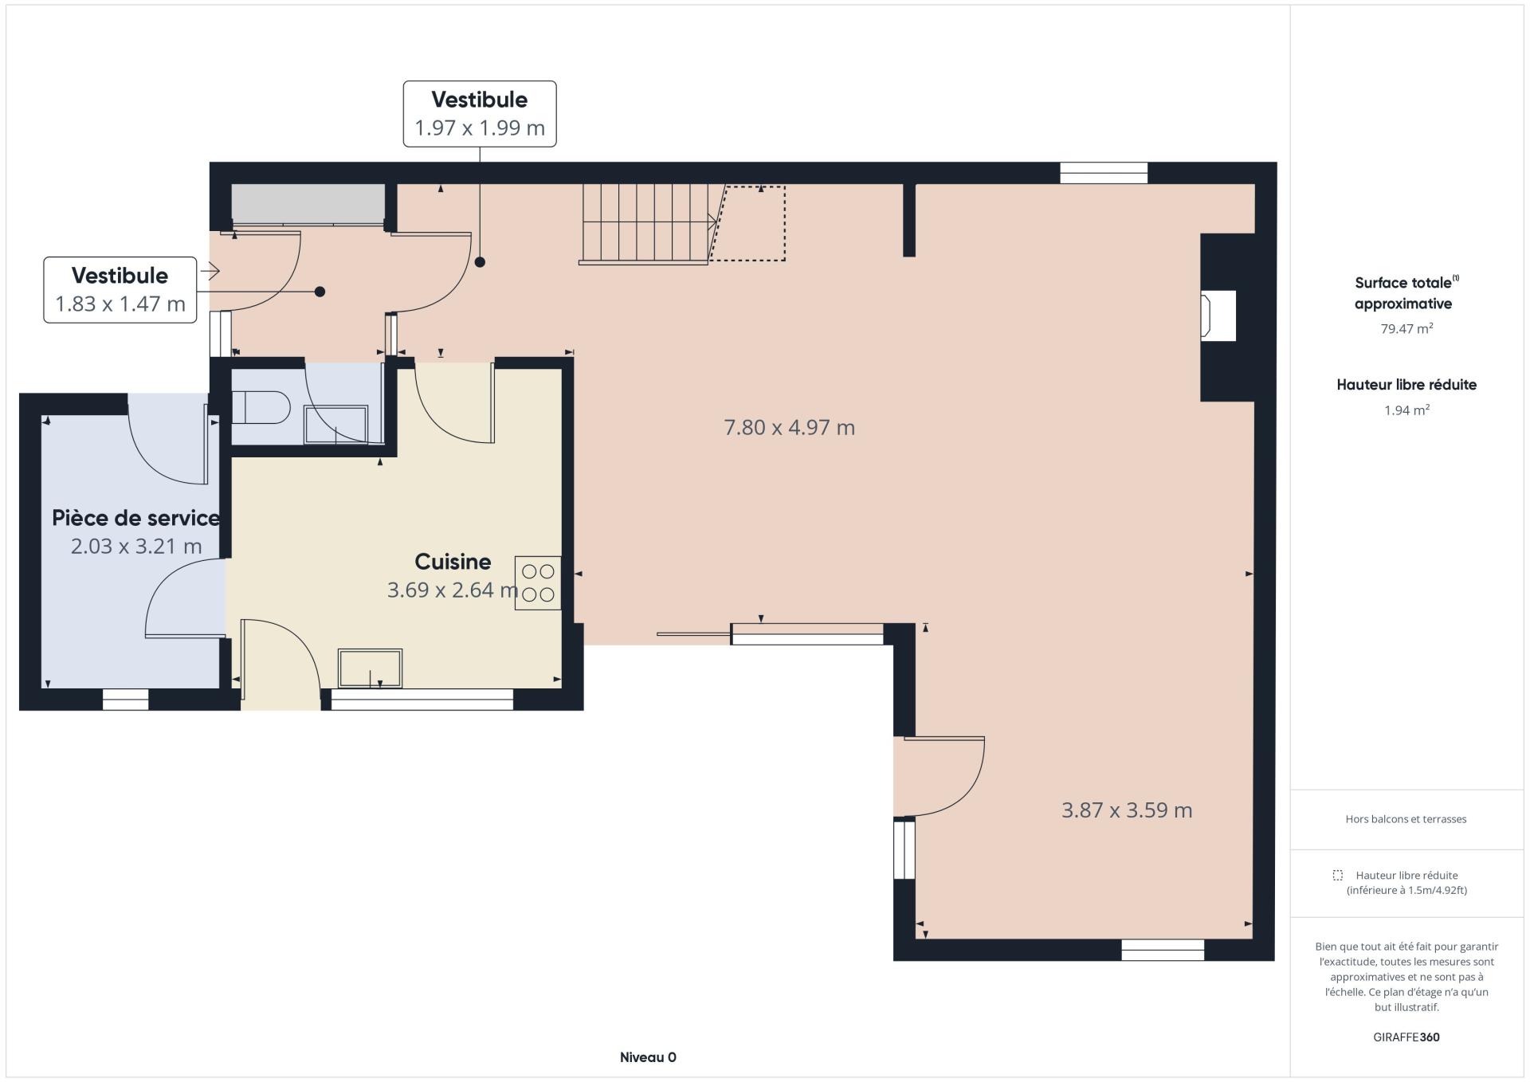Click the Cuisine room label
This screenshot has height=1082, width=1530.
tap(453, 562)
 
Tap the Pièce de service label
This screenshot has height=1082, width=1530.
tap(135, 518)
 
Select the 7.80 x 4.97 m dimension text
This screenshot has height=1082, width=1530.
tap(789, 428)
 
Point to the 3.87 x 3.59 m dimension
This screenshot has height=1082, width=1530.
tap(1127, 810)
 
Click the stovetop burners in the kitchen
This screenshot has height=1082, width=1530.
tap(538, 583)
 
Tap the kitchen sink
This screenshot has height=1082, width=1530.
tap(371, 668)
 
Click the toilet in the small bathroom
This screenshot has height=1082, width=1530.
tap(261, 408)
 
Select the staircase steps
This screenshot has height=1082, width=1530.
tap(646, 223)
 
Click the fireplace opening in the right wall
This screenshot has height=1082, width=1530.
tap(1219, 316)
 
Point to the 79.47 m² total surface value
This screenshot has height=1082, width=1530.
tap(1406, 328)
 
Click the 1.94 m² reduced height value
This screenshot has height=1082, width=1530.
tap(1406, 410)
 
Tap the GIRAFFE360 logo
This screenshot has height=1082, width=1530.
tap(1406, 1037)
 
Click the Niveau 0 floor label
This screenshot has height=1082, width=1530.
tap(648, 1057)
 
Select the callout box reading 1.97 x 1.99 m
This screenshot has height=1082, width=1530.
tap(480, 114)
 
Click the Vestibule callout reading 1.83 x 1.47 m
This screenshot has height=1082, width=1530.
tap(120, 290)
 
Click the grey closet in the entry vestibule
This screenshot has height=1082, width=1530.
tap(308, 204)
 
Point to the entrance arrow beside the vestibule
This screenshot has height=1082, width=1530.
tap(210, 272)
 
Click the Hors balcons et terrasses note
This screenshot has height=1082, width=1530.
tap(1406, 819)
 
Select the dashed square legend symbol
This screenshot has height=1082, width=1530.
tap(1337, 875)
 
